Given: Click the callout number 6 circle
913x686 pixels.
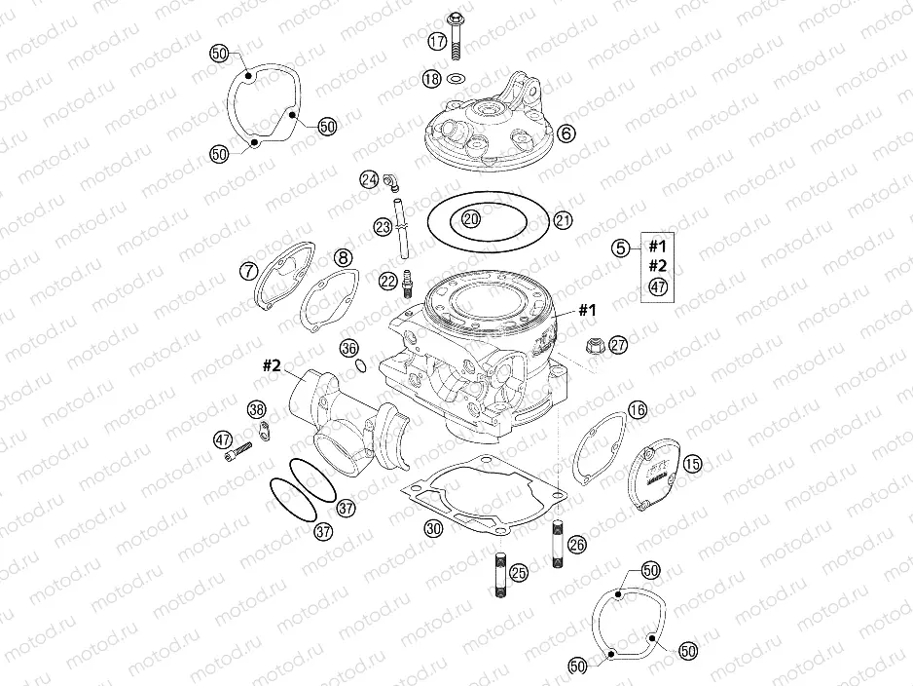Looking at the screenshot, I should click(566, 133).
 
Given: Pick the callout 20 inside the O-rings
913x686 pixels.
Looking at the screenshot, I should click(471, 219).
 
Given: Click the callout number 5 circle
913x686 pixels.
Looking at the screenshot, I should click(621, 248).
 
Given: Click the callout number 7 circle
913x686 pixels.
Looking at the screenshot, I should click(250, 270).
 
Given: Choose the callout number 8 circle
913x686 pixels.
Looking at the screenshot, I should click(342, 258).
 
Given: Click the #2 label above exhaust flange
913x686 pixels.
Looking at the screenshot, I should click(271, 366).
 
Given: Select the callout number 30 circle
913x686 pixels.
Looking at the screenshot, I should click(433, 527).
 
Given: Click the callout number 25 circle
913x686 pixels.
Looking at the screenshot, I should click(518, 573).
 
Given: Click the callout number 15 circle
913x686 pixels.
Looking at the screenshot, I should click(691, 464).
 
